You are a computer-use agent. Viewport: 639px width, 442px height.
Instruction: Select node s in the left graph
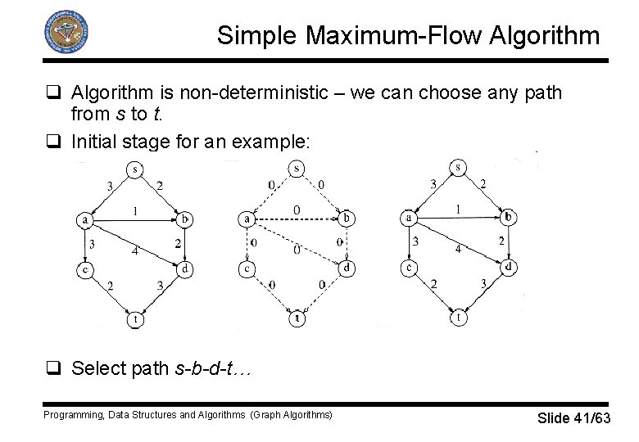click(134, 169)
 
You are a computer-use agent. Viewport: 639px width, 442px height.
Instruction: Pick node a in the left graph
click(84, 219)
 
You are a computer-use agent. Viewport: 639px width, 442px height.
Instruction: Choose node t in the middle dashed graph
click(297, 319)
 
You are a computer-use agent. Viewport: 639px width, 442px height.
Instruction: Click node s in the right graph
click(460, 168)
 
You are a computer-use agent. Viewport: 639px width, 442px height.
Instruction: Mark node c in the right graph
click(408, 267)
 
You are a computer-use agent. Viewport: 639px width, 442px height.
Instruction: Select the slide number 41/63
click(591, 419)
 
